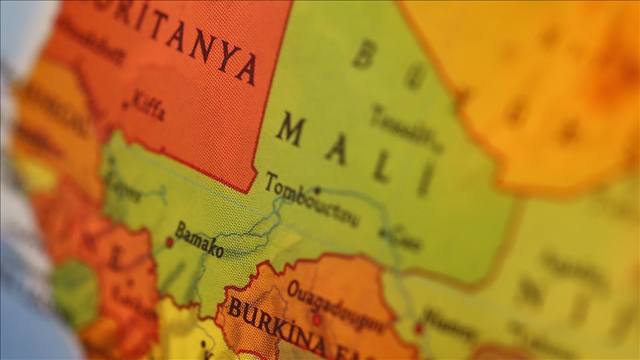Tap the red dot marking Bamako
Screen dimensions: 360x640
click(x=170, y=241)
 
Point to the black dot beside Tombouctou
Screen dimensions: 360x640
click(x=317, y=190)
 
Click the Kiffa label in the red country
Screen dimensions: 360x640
click(x=148, y=105)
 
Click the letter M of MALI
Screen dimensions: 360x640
click(x=290, y=130)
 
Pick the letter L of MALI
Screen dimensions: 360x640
click(x=381, y=167)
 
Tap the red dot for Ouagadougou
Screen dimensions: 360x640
click(x=317, y=320)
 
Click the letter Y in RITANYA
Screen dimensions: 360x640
click(x=221, y=53)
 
